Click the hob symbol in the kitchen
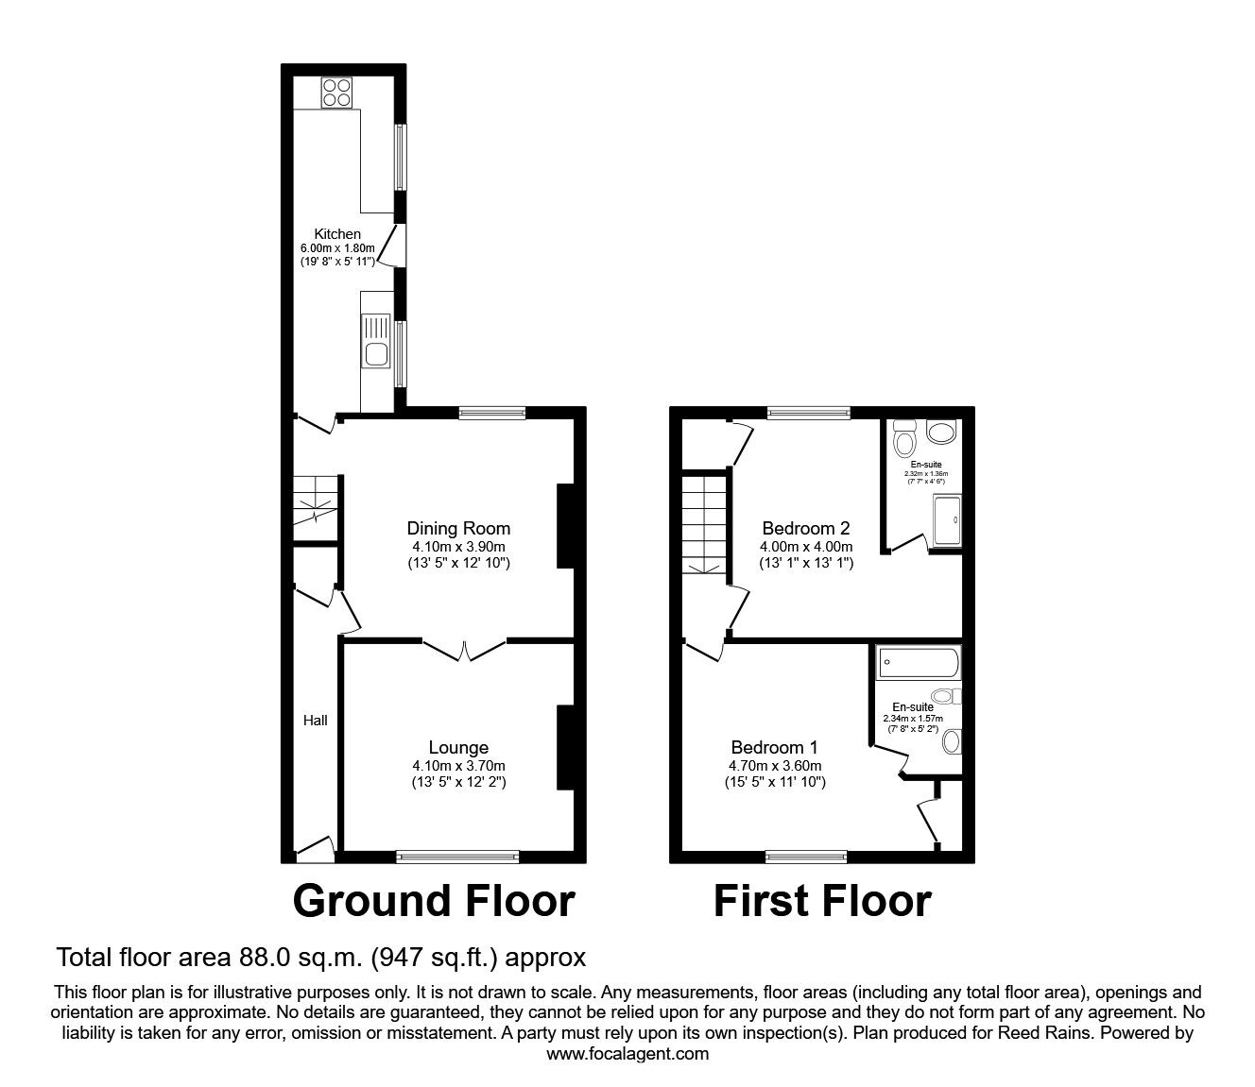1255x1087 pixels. coord(335,93)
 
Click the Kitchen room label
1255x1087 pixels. coord(337,234)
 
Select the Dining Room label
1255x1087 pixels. coord(458,528)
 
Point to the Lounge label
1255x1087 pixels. coord(458,748)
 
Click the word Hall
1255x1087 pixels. coord(316,721)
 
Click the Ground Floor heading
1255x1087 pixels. coord(434,901)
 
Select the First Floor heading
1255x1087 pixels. coord(821,901)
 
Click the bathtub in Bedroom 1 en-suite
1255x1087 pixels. coord(919,663)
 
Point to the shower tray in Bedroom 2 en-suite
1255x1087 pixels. coord(947,521)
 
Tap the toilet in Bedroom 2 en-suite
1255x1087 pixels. coord(904,440)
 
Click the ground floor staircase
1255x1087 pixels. coord(314,501)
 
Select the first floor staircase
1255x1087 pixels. coord(704,524)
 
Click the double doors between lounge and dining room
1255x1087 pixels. coord(464,650)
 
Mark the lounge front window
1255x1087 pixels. coord(457,857)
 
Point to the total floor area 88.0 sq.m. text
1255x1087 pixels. coord(321,958)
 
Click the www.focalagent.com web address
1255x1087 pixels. coord(627,1054)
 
